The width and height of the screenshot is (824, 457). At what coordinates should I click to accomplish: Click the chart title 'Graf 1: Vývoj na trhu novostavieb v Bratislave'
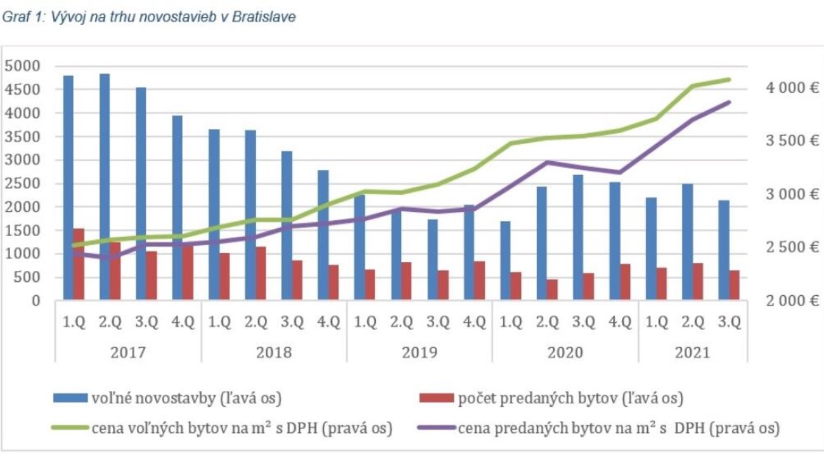coord(149,17)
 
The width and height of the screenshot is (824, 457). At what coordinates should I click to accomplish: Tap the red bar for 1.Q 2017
coord(79,264)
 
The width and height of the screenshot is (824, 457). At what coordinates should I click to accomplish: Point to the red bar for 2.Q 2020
coord(553,289)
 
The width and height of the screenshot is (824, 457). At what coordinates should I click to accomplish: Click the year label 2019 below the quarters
coord(420,352)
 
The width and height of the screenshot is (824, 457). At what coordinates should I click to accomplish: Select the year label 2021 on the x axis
coord(692,352)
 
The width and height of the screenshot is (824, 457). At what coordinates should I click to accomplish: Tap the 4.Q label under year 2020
coord(620,322)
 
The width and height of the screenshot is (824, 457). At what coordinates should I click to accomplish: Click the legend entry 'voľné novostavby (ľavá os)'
coord(184,399)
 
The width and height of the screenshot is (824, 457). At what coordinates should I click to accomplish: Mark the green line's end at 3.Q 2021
coord(730,79)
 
